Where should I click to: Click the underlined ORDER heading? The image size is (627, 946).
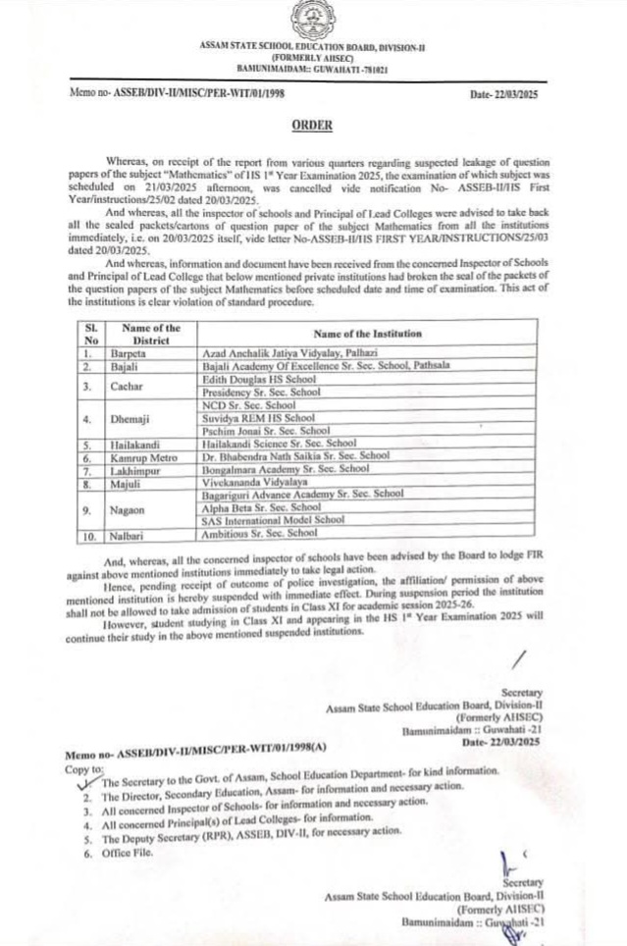[x=312, y=125]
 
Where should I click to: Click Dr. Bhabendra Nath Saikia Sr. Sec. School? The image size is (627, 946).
[x=293, y=456]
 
